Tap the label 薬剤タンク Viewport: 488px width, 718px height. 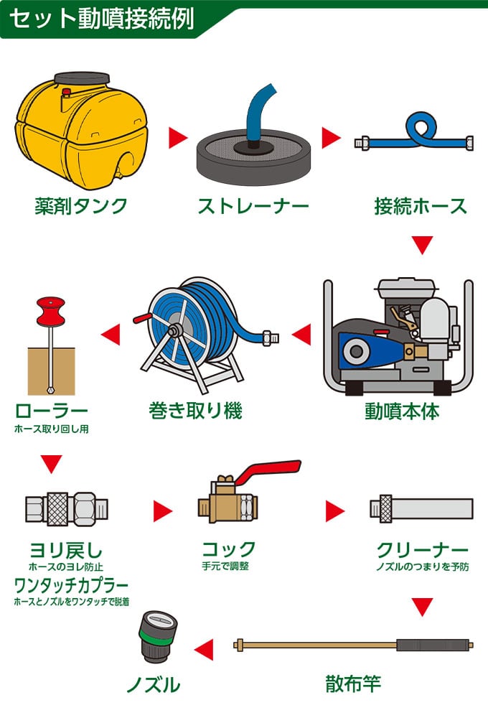(x=81, y=206)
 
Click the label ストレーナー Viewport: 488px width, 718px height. (x=253, y=207)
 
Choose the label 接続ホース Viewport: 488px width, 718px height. (x=421, y=207)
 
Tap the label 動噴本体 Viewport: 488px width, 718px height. (x=402, y=412)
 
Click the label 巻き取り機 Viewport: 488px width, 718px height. (x=196, y=411)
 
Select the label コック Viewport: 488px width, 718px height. (x=228, y=550)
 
